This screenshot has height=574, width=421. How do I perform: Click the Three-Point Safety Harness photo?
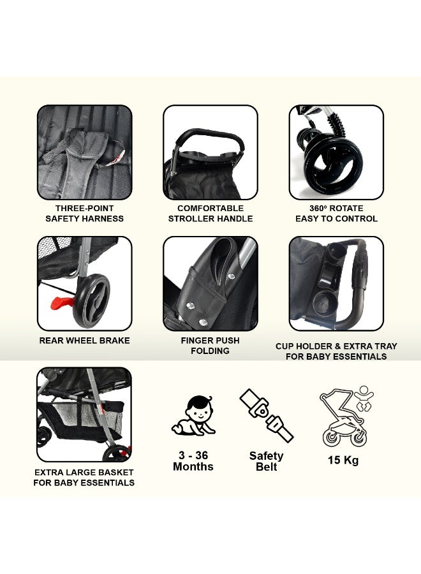(x=84, y=152)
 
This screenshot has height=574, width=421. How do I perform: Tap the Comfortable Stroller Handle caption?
(x=211, y=214)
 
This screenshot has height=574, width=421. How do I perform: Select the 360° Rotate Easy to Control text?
(x=336, y=214)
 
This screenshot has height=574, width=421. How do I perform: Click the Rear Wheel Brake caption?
(x=84, y=341)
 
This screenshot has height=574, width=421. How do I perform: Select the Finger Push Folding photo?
(x=211, y=284)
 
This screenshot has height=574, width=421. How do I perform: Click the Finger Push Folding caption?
(x=211, y=346)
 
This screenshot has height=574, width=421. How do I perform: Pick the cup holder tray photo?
(x=336, y=284)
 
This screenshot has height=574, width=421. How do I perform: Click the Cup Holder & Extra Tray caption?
(x=336, y=351)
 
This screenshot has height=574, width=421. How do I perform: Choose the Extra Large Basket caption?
(x=84, y=478)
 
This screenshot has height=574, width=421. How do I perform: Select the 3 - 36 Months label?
(x=193, y=461)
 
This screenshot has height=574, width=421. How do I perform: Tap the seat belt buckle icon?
(x=266, y=415)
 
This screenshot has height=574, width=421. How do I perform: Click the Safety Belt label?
(x=266, y=461)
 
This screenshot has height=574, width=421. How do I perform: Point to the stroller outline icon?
(x=344, y=418)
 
